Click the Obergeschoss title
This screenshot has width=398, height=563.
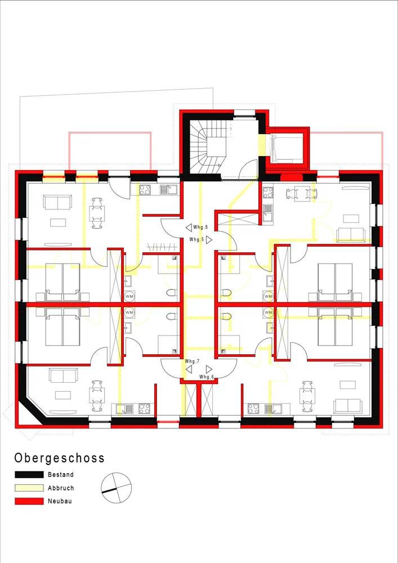tap(60, 458)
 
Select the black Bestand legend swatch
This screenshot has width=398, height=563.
tap(29, 475)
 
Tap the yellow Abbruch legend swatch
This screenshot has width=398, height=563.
tap(29, 488)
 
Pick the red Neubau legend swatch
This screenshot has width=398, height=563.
tap(29, 501)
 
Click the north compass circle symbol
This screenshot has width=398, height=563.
tap(117, 488)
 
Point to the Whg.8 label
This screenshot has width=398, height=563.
tap(200, 227)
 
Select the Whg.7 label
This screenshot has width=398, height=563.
tap(193, 361)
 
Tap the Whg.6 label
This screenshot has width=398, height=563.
tap(207, 377)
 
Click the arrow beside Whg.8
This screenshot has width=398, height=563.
tap(189, 227)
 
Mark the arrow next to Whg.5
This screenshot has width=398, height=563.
tap(209, 239)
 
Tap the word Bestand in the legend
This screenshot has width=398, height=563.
tap(61, 475)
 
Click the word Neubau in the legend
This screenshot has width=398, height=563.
tap(60, 501)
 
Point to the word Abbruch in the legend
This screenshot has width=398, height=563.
tap(61, 488)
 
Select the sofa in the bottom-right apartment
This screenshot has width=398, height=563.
tap(348, 406)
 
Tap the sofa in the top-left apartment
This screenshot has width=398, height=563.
tap(57, 202)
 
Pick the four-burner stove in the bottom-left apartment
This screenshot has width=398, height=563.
tap(144, 409)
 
